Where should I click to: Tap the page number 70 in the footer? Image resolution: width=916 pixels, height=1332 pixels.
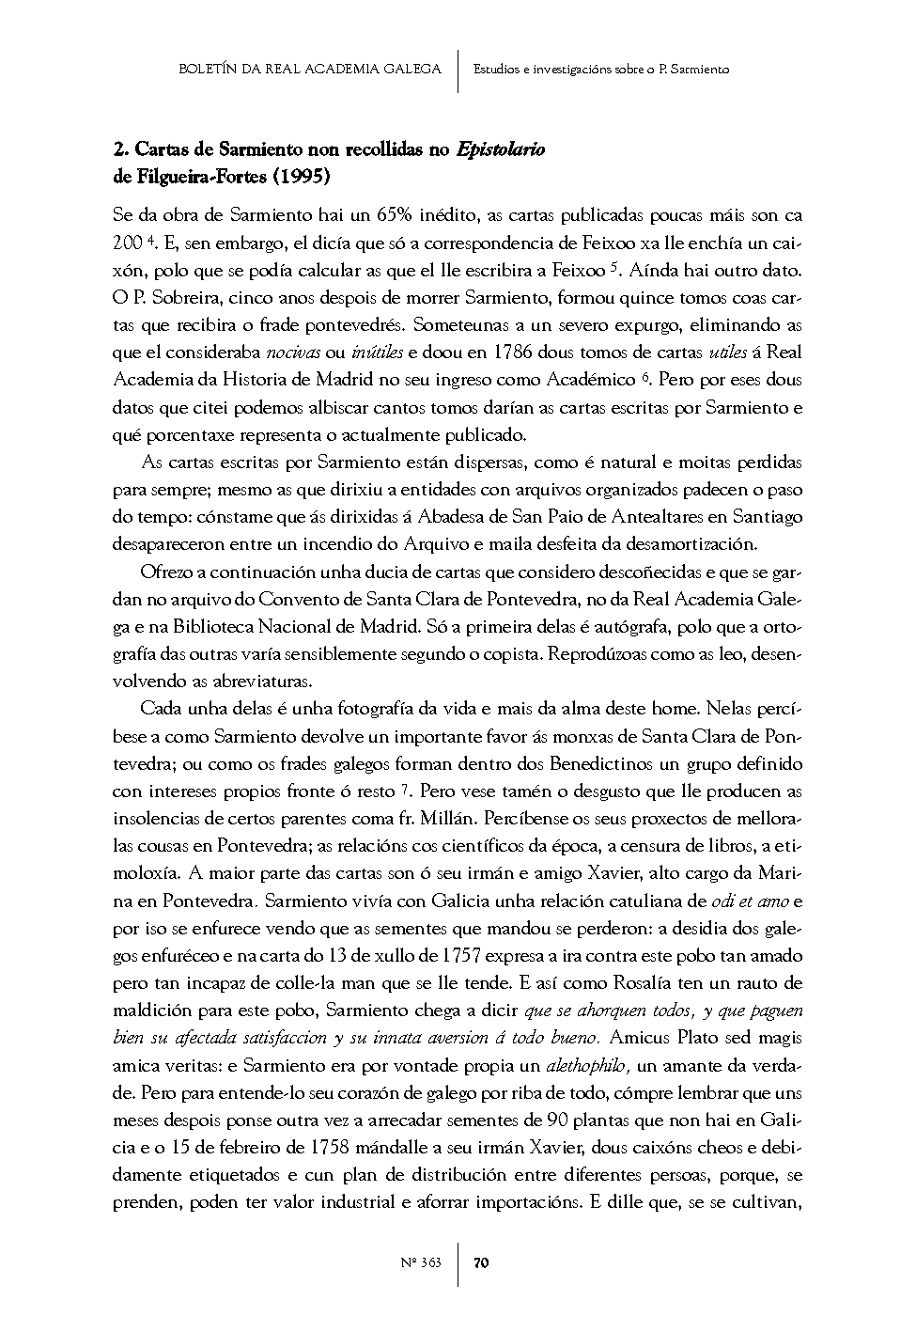480,1263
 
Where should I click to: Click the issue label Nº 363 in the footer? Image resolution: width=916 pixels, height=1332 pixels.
421,1263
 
